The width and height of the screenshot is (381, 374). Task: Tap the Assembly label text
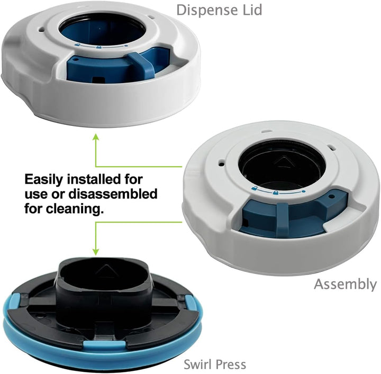coord(345,285)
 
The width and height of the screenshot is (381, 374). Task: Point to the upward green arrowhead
coord(96,137)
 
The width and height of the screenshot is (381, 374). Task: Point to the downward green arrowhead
coord(96,251)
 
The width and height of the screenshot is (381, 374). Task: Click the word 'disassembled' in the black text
coord(113,194)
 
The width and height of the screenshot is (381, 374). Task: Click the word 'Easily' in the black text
coord(44,180)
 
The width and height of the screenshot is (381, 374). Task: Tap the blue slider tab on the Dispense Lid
coord(142,65)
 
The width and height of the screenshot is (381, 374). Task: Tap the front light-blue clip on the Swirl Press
coord(104,344)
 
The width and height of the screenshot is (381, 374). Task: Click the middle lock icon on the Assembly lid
coord(276,193)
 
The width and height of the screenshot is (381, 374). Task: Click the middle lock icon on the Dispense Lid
coord(98,47)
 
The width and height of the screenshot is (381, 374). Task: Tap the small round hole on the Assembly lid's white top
coord(221,163)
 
